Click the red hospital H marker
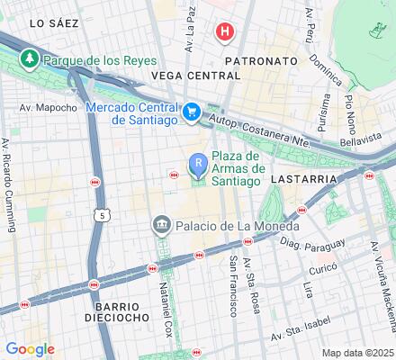pos(225,32)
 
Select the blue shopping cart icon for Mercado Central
pos(191,112)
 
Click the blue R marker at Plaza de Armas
pos(198,162)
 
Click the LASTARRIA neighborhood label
pos(308,179)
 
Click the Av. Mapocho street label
pos(50,107)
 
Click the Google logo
pos(30,349)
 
